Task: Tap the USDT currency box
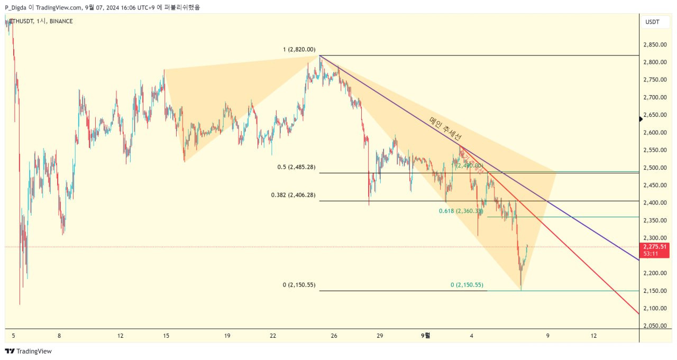click(x=652, y=22)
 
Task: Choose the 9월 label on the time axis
click(x=425, y=335)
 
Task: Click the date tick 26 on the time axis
click(x=334, y=335)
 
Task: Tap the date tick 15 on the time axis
click(x=166, y=335)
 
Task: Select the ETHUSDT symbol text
click(x=21, y=21)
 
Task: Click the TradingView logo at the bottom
click(x=29, y=351)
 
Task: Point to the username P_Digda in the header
click(x=16, y=7)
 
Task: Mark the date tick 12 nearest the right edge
click(x=593, y=335)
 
